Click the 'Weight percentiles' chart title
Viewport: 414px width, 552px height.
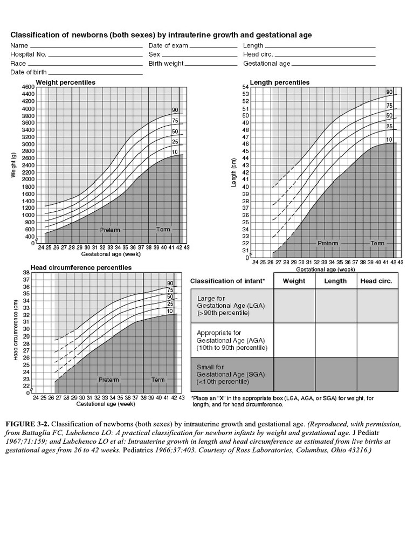pos(65,82)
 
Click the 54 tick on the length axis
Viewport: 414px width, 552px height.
pos(245,87)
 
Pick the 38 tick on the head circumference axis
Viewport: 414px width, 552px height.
pos(26,273)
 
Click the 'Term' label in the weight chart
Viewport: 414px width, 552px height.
pos(163,230)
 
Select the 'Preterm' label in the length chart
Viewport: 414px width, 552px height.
pos(328,244)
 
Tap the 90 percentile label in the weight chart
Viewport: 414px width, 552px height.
pos(175,110)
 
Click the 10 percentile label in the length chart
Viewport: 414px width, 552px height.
pos(389,140)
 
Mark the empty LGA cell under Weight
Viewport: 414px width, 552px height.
pos(294,306)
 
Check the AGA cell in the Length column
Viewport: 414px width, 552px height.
pos(335,340)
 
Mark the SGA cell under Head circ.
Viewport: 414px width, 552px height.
pos(377,375)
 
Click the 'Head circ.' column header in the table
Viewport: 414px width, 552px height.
pos(376,281)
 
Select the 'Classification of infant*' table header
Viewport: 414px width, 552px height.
pos(227,281)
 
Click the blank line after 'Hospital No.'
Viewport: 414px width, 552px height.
pos(95,55)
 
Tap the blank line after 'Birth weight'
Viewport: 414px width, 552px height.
pos(211,64)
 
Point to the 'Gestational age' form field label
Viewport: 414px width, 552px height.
pos(267,64)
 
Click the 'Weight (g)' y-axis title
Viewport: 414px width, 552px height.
pos(12,165)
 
